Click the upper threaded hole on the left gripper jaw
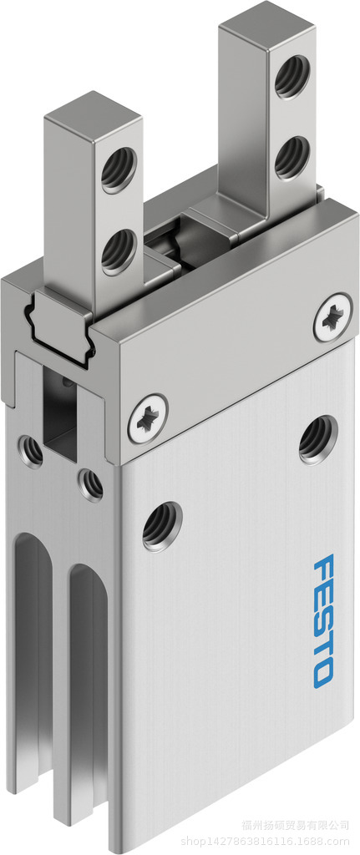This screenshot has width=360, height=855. (x=114, y=174)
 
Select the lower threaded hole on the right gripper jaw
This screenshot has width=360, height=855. (x=292, y=156)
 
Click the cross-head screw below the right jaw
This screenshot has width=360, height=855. (x=332, y=316)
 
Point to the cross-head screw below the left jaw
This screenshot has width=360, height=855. (x=148, y=417)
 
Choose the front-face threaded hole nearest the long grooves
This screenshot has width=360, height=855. (x=161, y=526)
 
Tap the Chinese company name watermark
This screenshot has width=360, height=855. (x=300, y=824)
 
